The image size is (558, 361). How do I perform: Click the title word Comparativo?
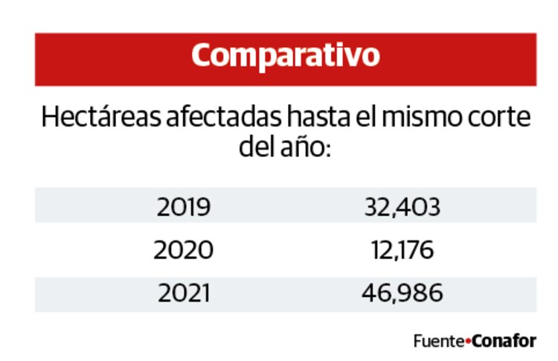(285, 57)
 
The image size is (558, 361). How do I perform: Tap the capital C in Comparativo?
(202, 57)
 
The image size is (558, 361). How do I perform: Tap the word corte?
(503, 118)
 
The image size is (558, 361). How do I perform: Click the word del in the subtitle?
(254, 145)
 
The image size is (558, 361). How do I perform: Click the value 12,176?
(402, 250)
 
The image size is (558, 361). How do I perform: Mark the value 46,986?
(402, 293)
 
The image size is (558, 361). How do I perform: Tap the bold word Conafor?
(504, 342)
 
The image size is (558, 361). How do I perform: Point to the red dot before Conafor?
(468, 342)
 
